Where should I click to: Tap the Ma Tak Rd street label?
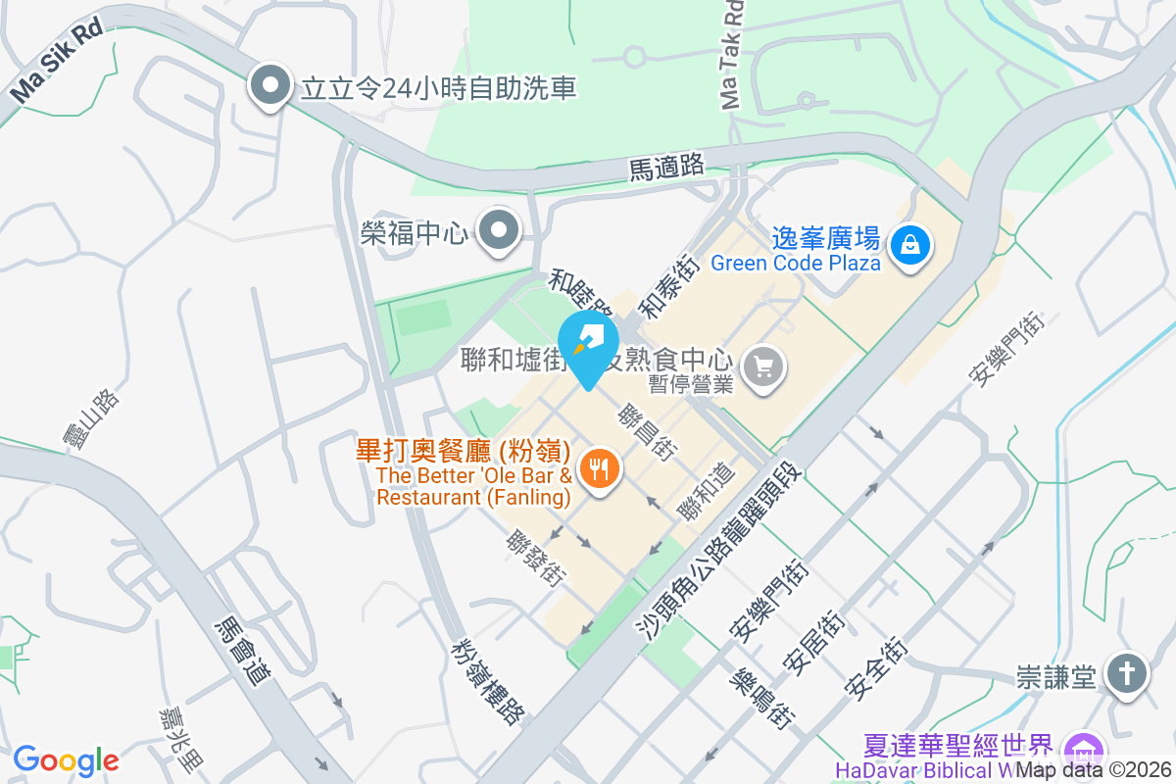point(732,54)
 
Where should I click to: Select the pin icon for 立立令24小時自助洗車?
point(270,86)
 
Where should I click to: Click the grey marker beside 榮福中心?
point(500,231)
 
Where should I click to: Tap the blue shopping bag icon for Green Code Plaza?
point(911,241)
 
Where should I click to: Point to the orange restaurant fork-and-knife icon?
point(598,469)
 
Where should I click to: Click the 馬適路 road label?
point(666,168)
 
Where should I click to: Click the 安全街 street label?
point(875,670)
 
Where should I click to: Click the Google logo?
point(66,759)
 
